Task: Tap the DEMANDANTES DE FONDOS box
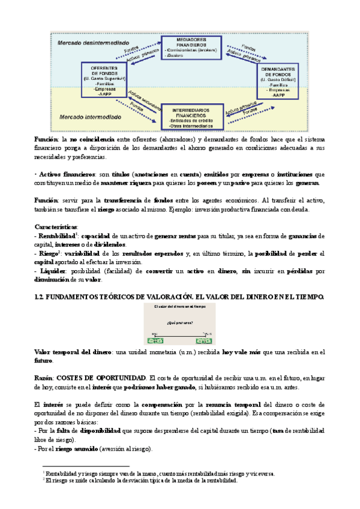278,80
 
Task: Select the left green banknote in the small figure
156,340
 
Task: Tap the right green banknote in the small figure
206,340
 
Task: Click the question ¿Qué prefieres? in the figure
180,323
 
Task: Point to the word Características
56,226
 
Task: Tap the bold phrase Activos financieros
67,174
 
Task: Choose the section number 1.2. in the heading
41,297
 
